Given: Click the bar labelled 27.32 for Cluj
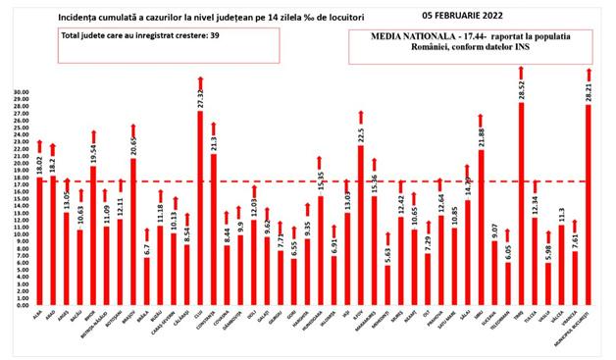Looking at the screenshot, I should tap(200, 216).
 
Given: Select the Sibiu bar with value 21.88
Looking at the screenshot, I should tap(481, 231).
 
